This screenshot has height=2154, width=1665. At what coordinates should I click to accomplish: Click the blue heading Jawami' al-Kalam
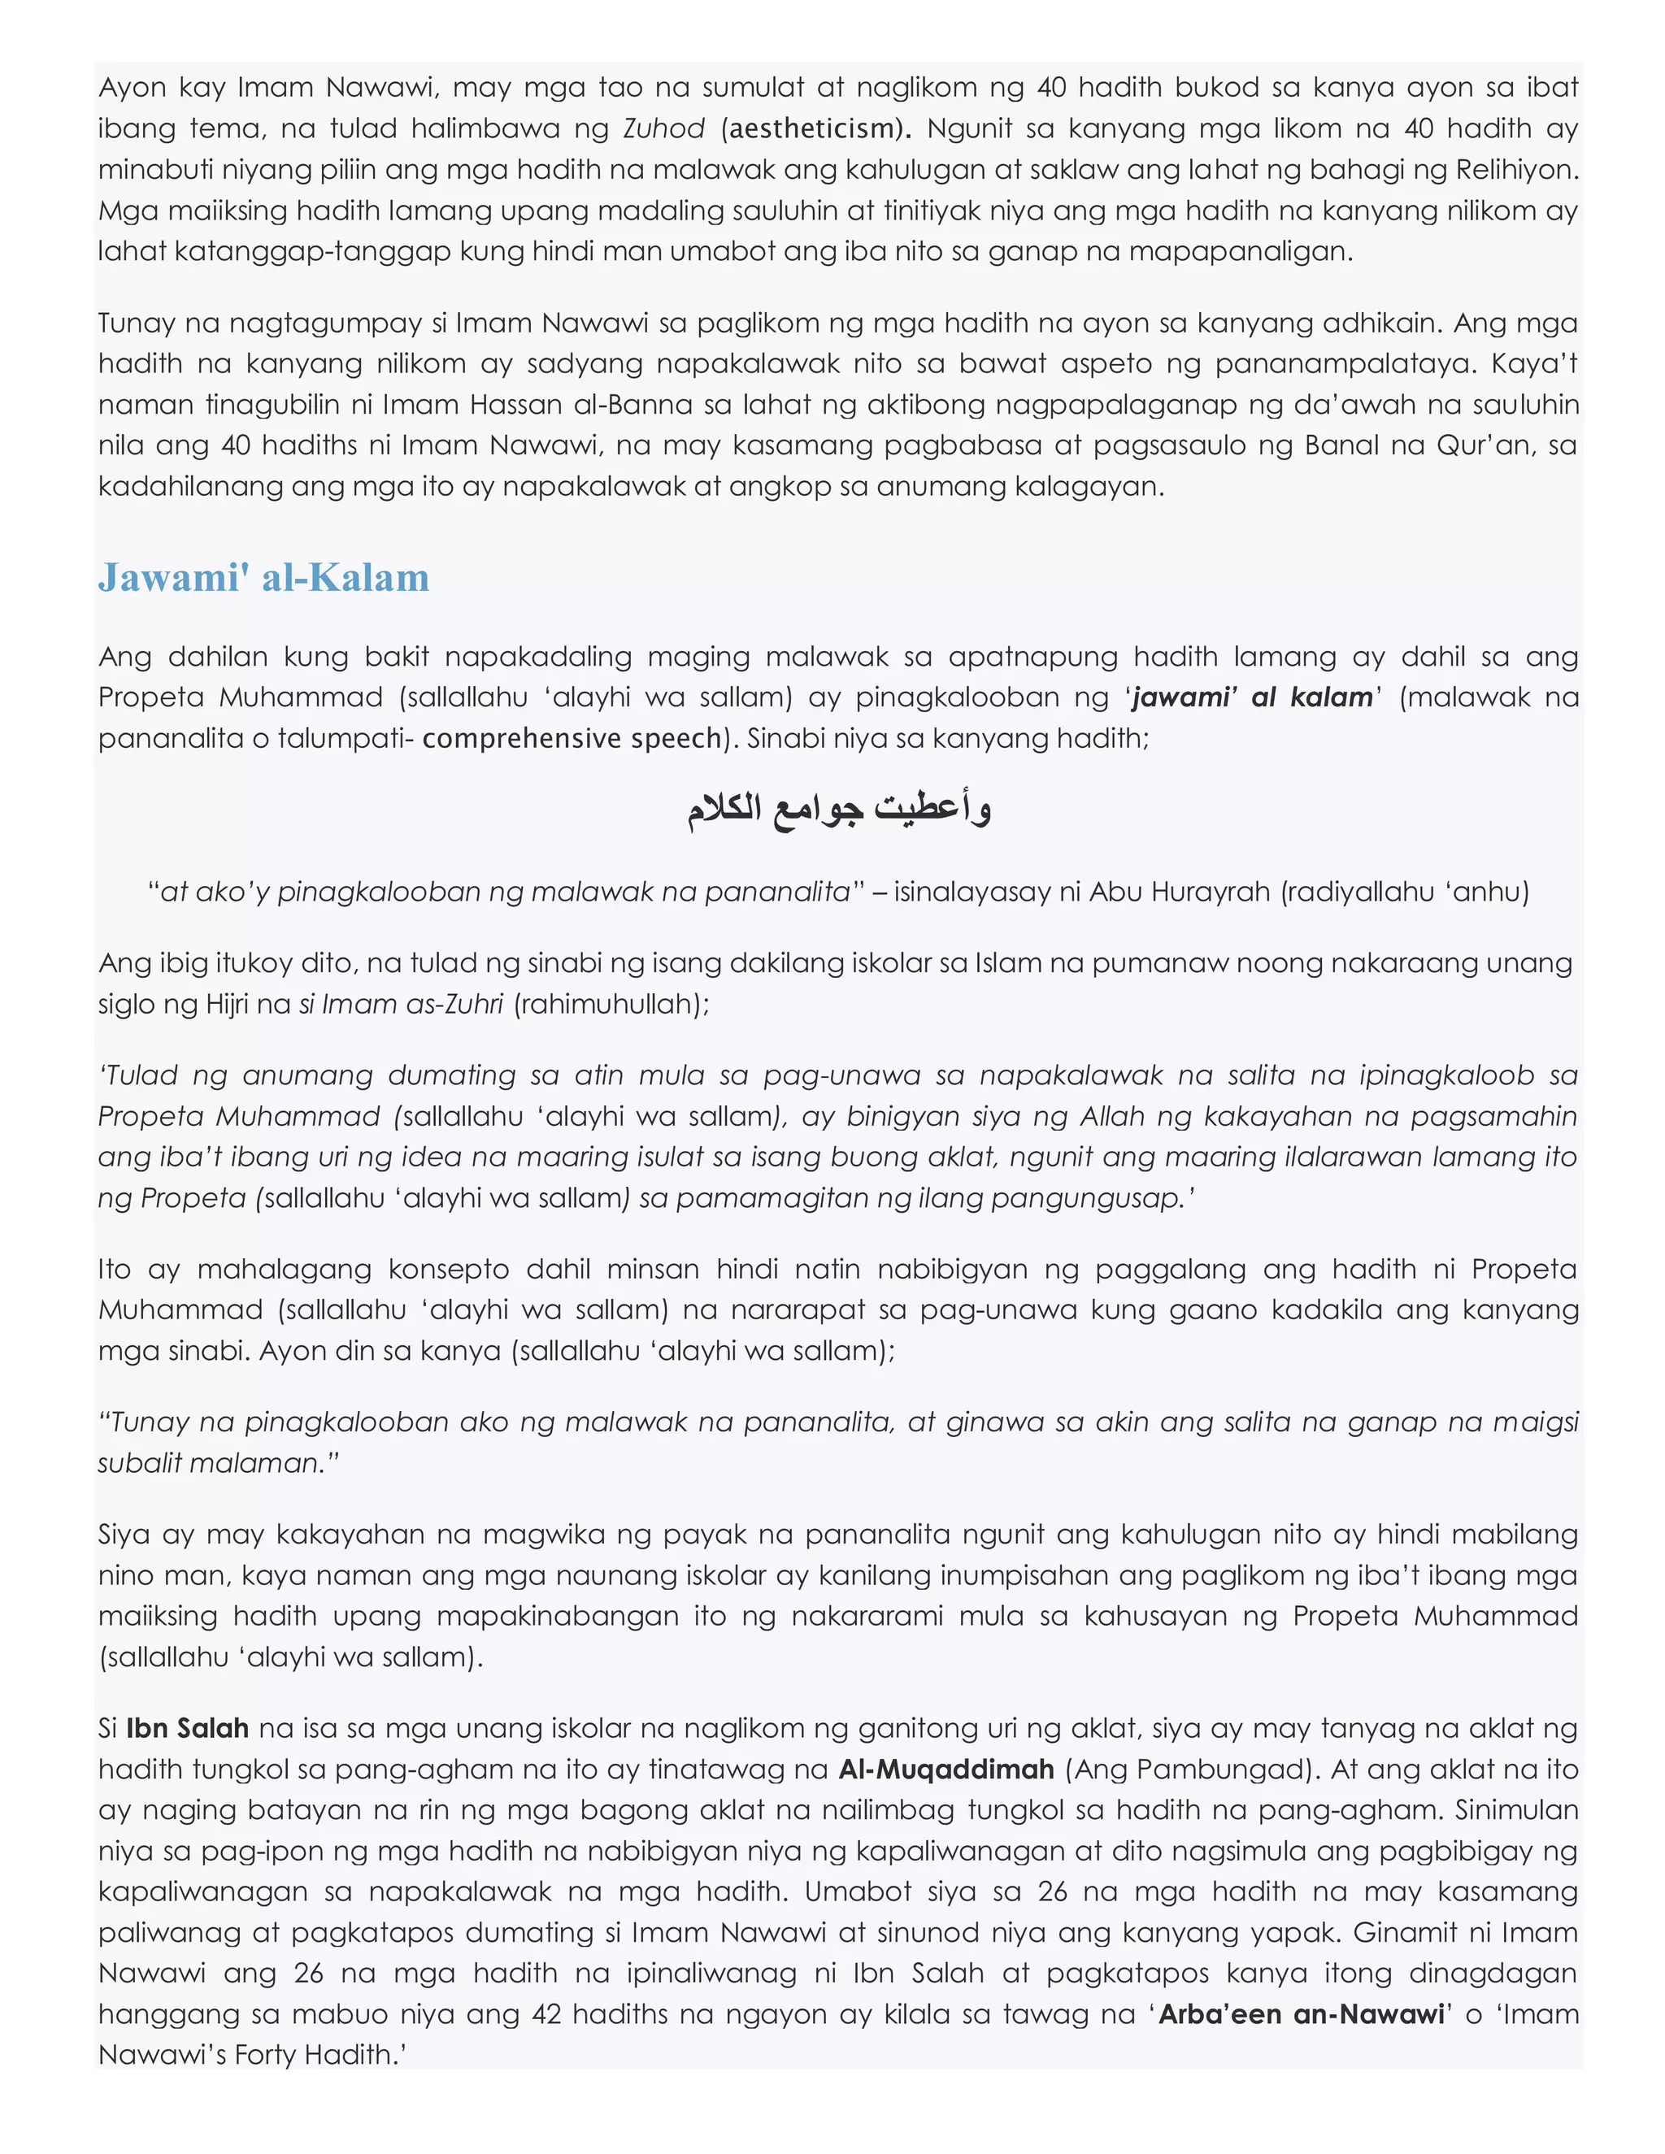click(263, 577)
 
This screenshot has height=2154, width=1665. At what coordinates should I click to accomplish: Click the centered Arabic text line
click(839, 809)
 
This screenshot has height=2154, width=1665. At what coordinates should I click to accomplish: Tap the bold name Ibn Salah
click(188, 1728)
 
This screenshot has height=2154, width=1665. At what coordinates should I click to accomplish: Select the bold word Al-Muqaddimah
click(946, 1769)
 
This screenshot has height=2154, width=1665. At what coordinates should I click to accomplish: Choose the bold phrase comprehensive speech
click(572, 738)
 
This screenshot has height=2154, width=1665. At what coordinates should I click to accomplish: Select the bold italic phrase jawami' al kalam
click(1253, 697)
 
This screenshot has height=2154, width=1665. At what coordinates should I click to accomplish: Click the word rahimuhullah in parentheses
click(611, 1004)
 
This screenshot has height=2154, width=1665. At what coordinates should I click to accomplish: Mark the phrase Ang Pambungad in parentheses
click(1192, 1769)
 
